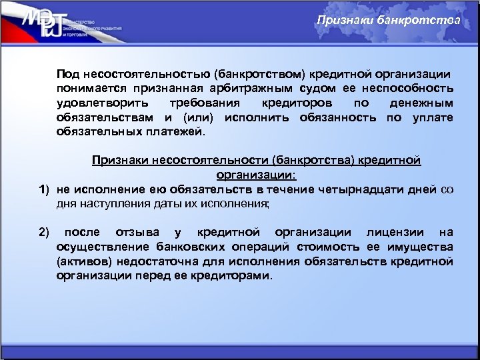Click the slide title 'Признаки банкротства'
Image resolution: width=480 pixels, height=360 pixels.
click(x=388, y=20)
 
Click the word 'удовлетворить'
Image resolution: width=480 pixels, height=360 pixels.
click(x=94, y=103)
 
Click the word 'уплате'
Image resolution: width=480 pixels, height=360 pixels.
click(x=433, y=117)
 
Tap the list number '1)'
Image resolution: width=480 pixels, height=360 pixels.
click(x=43, y=189)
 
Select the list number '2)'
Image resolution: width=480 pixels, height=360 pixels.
click(x=43, y=233)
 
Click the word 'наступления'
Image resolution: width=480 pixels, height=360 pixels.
click(x=109, y=204)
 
